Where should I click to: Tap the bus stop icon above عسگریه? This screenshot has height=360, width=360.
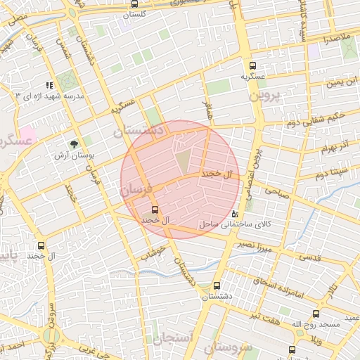[252, 64]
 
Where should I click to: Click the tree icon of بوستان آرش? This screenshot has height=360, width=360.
[74, 143]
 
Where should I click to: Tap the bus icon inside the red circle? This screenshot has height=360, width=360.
[155, 210]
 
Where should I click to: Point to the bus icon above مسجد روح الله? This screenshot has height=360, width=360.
[316, 314]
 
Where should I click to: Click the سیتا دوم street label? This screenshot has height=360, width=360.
[332, 172]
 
